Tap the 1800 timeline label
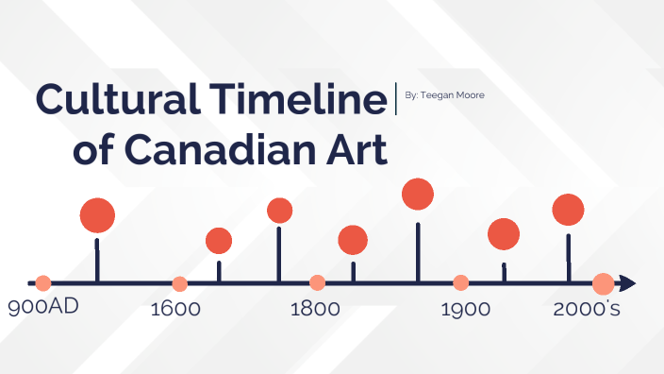click(314, 309)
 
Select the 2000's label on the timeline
click(586, 309)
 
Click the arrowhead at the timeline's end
click(627, 282)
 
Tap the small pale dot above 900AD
click(42, 282)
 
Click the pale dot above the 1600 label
click(180, 283)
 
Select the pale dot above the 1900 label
click(460, 282)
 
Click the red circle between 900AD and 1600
click(97, 215)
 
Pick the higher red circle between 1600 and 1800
click(279, 211)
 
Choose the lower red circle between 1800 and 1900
click(353, 241)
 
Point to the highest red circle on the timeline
click(417, 194)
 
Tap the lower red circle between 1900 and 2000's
click(504, 234)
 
